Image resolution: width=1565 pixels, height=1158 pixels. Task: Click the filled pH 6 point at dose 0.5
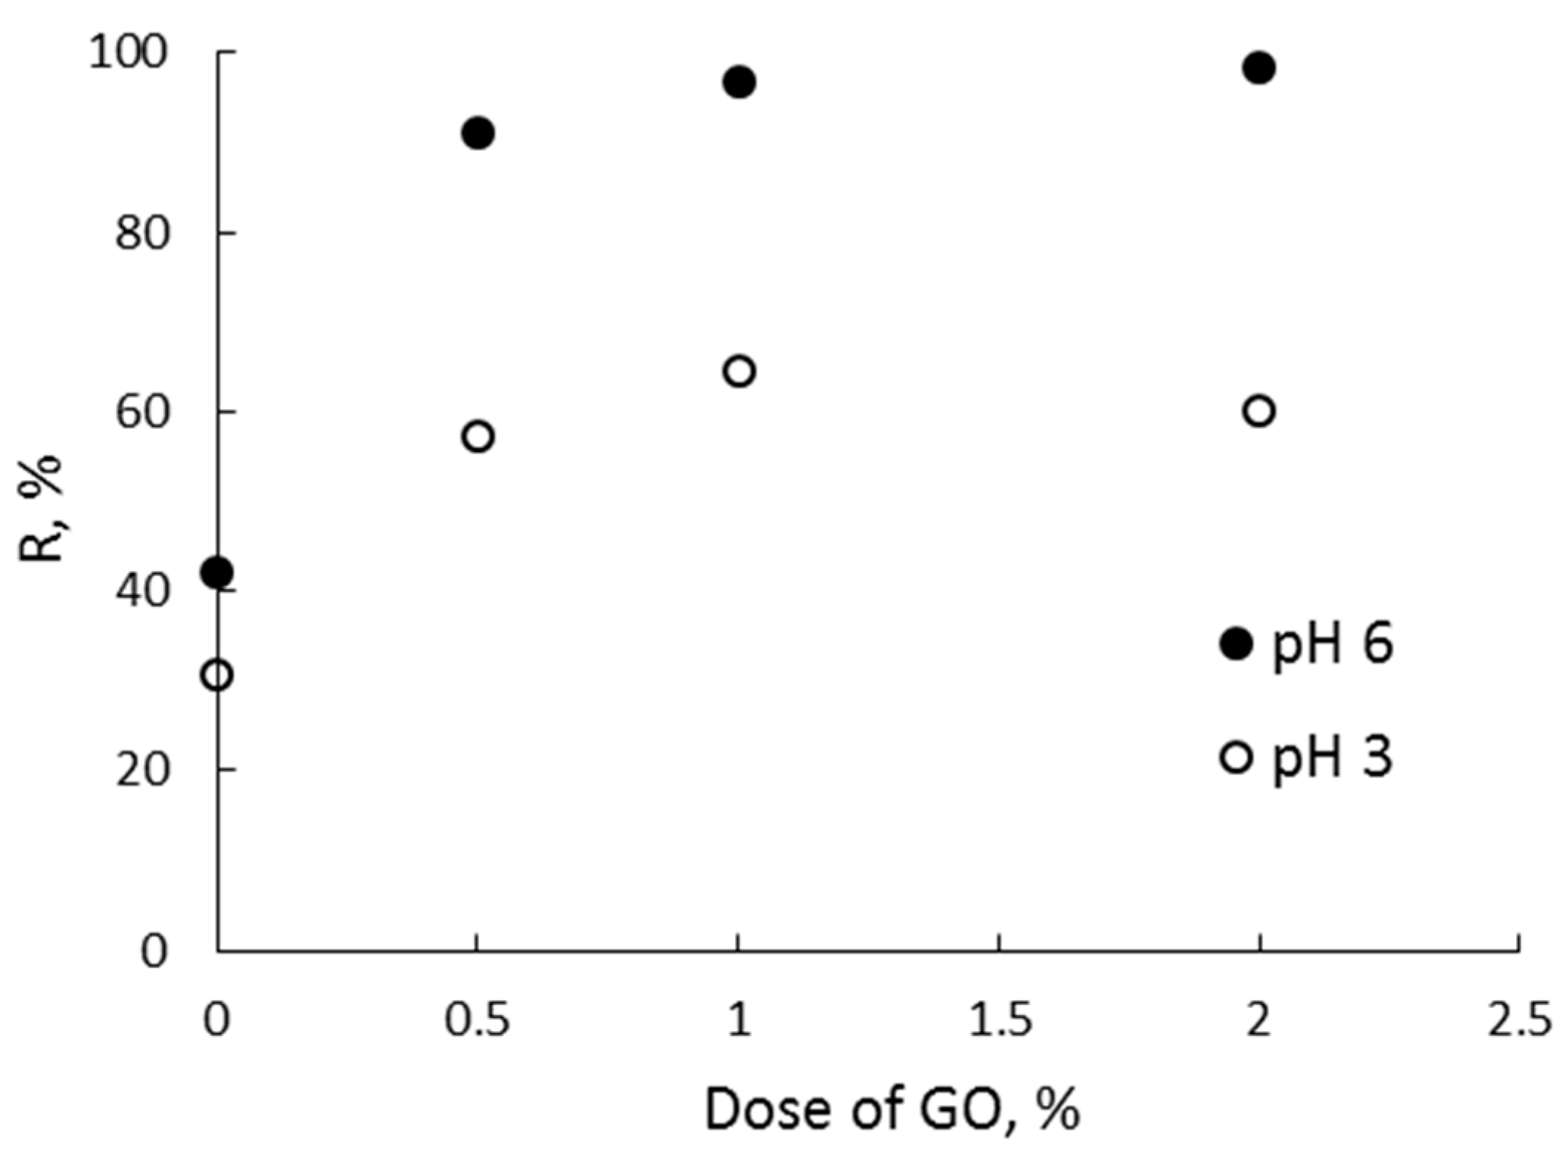click(478, 133)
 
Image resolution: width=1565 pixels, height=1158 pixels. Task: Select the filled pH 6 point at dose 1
click(739, 82)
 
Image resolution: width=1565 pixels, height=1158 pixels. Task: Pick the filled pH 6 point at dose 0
click(217, 572)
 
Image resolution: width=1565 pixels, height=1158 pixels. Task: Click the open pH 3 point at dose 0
click(217, 675)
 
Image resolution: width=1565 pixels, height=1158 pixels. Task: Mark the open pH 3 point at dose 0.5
click(478, 437)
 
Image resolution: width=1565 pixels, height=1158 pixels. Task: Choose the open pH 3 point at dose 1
click(739, 371)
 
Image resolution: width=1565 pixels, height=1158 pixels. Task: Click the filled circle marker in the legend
click(1236, 644)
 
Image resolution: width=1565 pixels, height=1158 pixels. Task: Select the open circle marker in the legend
click(1236, 757)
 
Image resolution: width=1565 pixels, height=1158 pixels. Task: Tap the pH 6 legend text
click(1333, 646)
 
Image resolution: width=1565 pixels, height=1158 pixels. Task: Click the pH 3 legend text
click(1333, 758)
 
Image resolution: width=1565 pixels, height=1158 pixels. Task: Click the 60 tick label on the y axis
click(142, 412)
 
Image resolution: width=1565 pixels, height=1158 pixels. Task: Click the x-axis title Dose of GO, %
click(892, 1109)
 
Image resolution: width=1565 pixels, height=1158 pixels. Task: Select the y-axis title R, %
click(41, 508)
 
